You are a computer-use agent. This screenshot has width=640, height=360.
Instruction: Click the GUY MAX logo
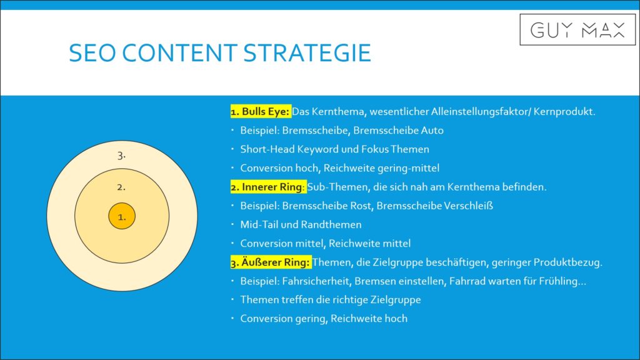pyautogui.click(x=577, y=30)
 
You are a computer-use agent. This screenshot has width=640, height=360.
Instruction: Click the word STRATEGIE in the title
pyautogui.click(x=307, y=53)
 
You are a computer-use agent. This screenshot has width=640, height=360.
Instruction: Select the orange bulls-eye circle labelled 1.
pyautogui.click(x=122, y=216)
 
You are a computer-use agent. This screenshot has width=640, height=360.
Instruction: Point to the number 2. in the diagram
pyautogui.click(x=121, y=187)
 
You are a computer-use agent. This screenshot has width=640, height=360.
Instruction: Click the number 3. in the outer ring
pyautogui.click(x=121, y=156)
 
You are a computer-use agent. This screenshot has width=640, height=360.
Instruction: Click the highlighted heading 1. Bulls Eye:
pyautogui.click(x=261, y=111)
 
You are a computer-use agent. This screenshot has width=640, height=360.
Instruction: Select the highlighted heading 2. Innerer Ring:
pyautogui.click(x=268, y=187)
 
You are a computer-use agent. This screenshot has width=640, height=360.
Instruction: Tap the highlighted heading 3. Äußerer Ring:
pyautogui.click(x=271, y=262)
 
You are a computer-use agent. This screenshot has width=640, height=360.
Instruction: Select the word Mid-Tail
pyautogui.click(x=258, y=224)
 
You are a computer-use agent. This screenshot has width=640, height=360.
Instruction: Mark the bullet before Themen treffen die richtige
pyautogui.click(x=232, y=299)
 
